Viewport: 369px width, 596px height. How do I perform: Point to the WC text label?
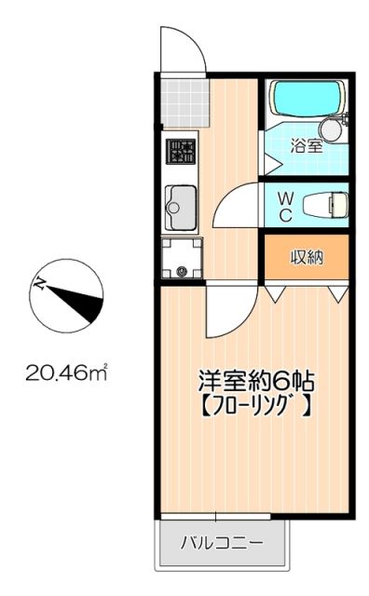pyautogui.click(x=286, y=205)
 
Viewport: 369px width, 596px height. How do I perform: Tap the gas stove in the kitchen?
pyautogui.click(x=181, y=150)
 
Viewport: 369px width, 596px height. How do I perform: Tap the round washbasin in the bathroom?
pyautogui.click(x=332, y=130)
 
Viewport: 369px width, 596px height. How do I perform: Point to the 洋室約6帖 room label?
pyautogui.click(x=254, y=382)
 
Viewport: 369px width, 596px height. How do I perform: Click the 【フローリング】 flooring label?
pyautogui.click(x=254, y=406)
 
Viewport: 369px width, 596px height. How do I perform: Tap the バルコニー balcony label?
pyautogui.click(x=222, y=541)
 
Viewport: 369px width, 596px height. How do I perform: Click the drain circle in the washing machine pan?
pyautogui.click(x=181, y=271)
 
